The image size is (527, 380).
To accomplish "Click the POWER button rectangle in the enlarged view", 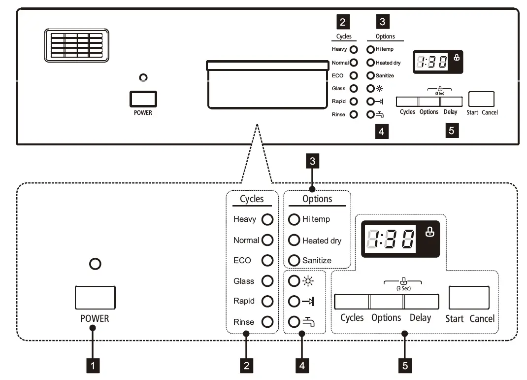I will click(95, 297).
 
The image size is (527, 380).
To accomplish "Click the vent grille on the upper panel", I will click(76, 45).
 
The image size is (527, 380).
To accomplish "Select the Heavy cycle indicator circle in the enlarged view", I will click(267, 219).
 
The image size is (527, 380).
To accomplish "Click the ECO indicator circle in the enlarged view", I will click(267, 260).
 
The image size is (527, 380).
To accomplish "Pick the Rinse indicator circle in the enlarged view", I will click(267, 322).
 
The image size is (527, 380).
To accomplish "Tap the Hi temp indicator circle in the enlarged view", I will click(294, 219).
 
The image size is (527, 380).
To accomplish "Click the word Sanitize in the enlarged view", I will click(317, 260).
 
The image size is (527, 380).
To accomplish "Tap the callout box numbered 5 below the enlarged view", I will click(405, 365).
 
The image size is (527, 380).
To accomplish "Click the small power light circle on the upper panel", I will click(143, 77).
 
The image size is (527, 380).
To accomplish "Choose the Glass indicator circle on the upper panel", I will click(354, 89).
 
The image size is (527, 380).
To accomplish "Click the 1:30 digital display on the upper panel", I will click(432, 61).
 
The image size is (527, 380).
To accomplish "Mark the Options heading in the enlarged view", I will click(317, 199).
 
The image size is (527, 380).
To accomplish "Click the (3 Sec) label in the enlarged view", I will click(403, 289).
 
